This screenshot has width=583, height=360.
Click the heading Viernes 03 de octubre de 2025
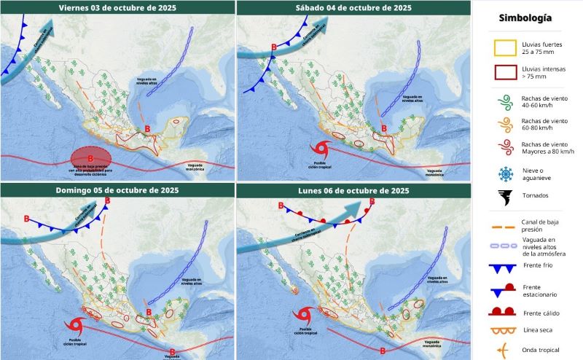[x=117, y=7]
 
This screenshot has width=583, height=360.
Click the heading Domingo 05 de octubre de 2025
[x=117, y=190]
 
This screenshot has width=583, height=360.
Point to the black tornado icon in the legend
[x=504, y=195]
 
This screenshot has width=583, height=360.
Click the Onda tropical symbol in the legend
[x=504, y=349]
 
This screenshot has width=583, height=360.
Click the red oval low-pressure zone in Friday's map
[x=91, y=157]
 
